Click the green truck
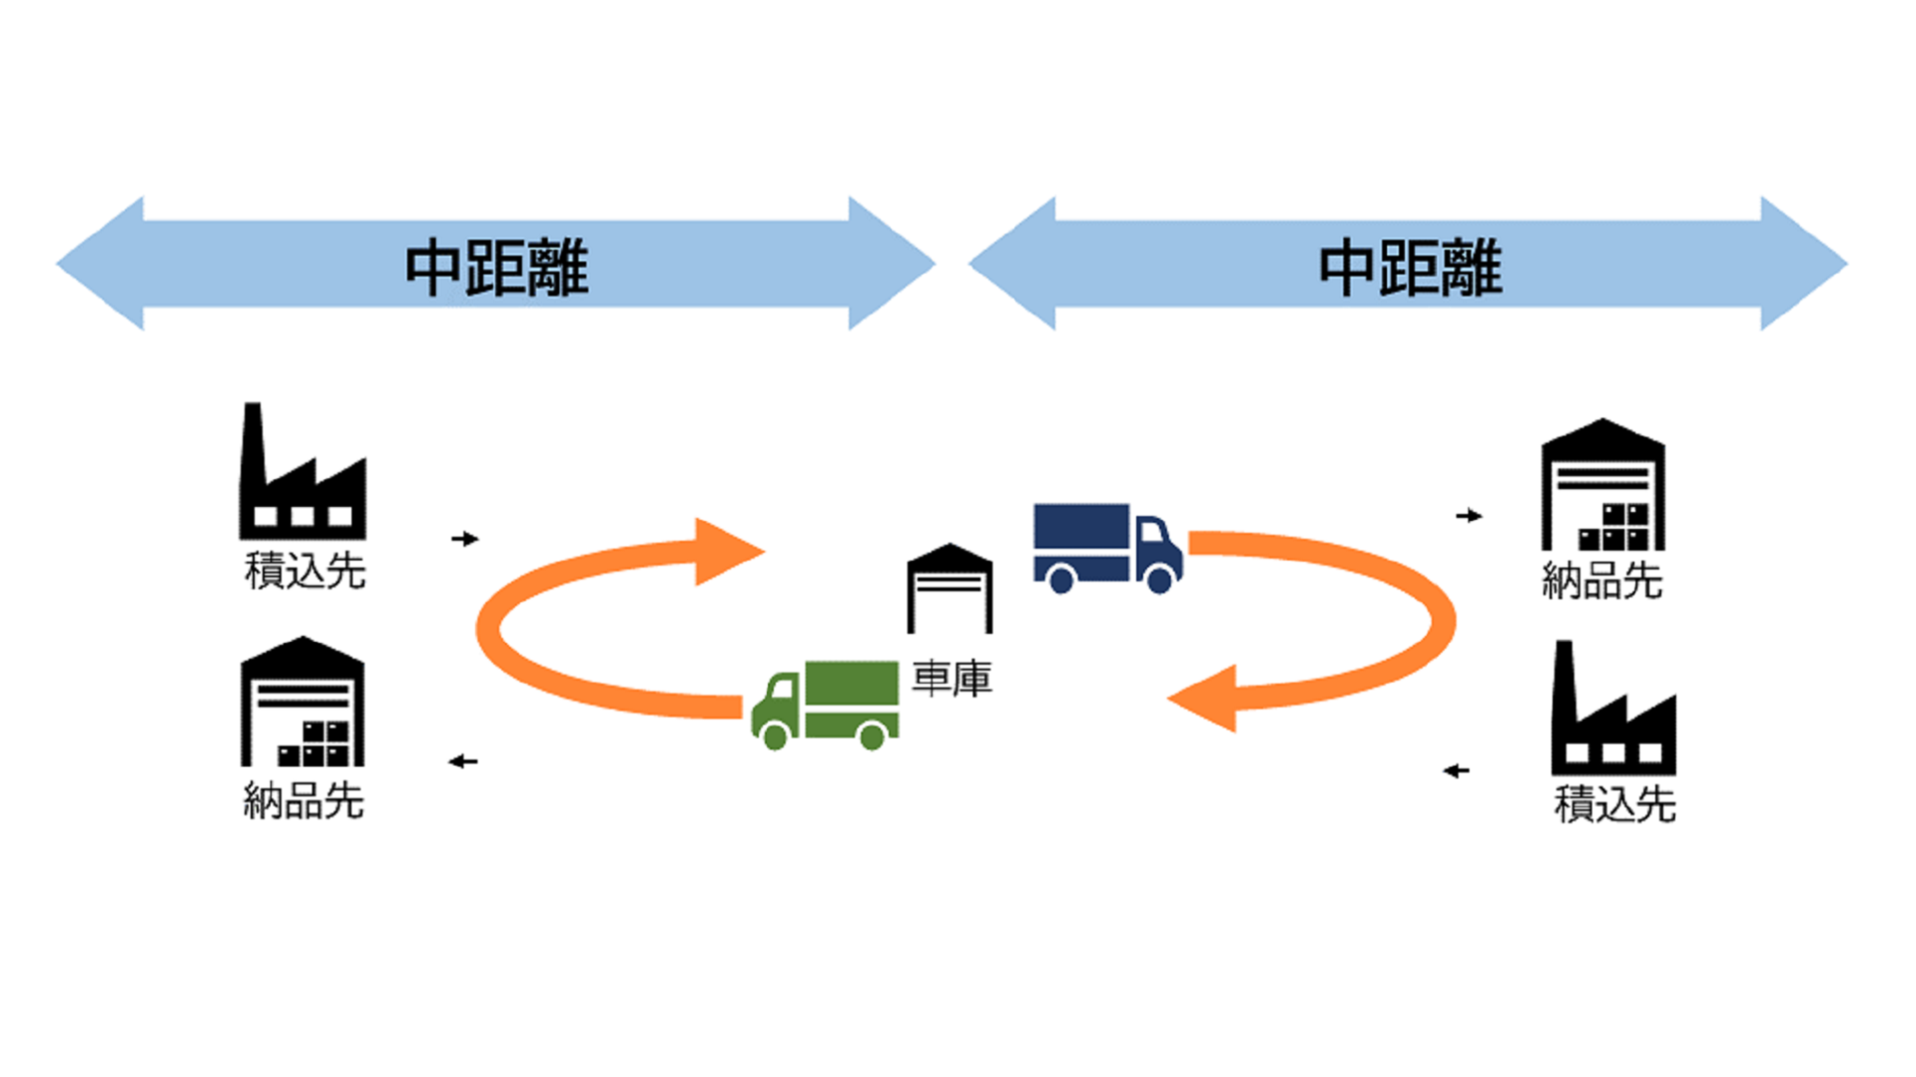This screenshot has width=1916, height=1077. pyautogui.click(x=826, y=704)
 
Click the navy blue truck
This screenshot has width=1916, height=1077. pyautogui.click(x=1106, y=547)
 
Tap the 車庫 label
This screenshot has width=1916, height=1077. pyautogui.click(x=952, y=679)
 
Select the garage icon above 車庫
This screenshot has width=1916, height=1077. pyautogui.click(x=950, y=589)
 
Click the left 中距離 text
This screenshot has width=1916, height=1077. pyautogui.click(x=496, y=268)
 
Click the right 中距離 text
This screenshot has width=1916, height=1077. pyautogui.click(x=1410, y=268)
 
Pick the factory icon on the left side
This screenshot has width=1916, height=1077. pyautogui.click(x=302, y=474)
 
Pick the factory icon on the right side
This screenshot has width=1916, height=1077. pyautogui.click(x=1612, y=711)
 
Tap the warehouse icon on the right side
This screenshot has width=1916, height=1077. pyautogui.click(x=1602, y=485)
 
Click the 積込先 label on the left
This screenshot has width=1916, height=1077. pyautogui.click(x=305, y=571)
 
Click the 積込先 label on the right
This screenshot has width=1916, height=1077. pyautogui.click(x=1614, y=804)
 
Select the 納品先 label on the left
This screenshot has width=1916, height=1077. pyautogui.click(x=304, y=801)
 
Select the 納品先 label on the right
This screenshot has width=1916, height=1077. pyautogui.click(x=1601, y=581)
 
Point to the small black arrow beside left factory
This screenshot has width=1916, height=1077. pyautogui.click(x=465, y=539)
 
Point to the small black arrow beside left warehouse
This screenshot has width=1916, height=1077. pyautogui.click(x=463, y=762)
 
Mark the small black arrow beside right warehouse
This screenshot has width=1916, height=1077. pyautogui.click(x=1469, y=516)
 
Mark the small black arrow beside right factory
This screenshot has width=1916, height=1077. pyautogui.click(x=1457, y=771)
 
